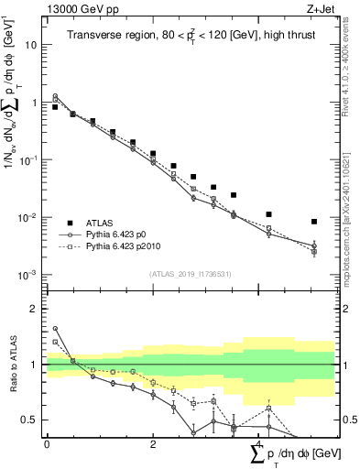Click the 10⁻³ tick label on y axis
click(28, 275)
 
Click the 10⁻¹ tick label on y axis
click(28, 160)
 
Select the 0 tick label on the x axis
click(48, 444)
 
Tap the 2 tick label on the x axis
click(152, 444)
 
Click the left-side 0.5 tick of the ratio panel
click(31, 420)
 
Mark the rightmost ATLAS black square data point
click(314, 222)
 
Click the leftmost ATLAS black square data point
click(55, 107)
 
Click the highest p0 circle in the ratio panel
click(55, 328)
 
